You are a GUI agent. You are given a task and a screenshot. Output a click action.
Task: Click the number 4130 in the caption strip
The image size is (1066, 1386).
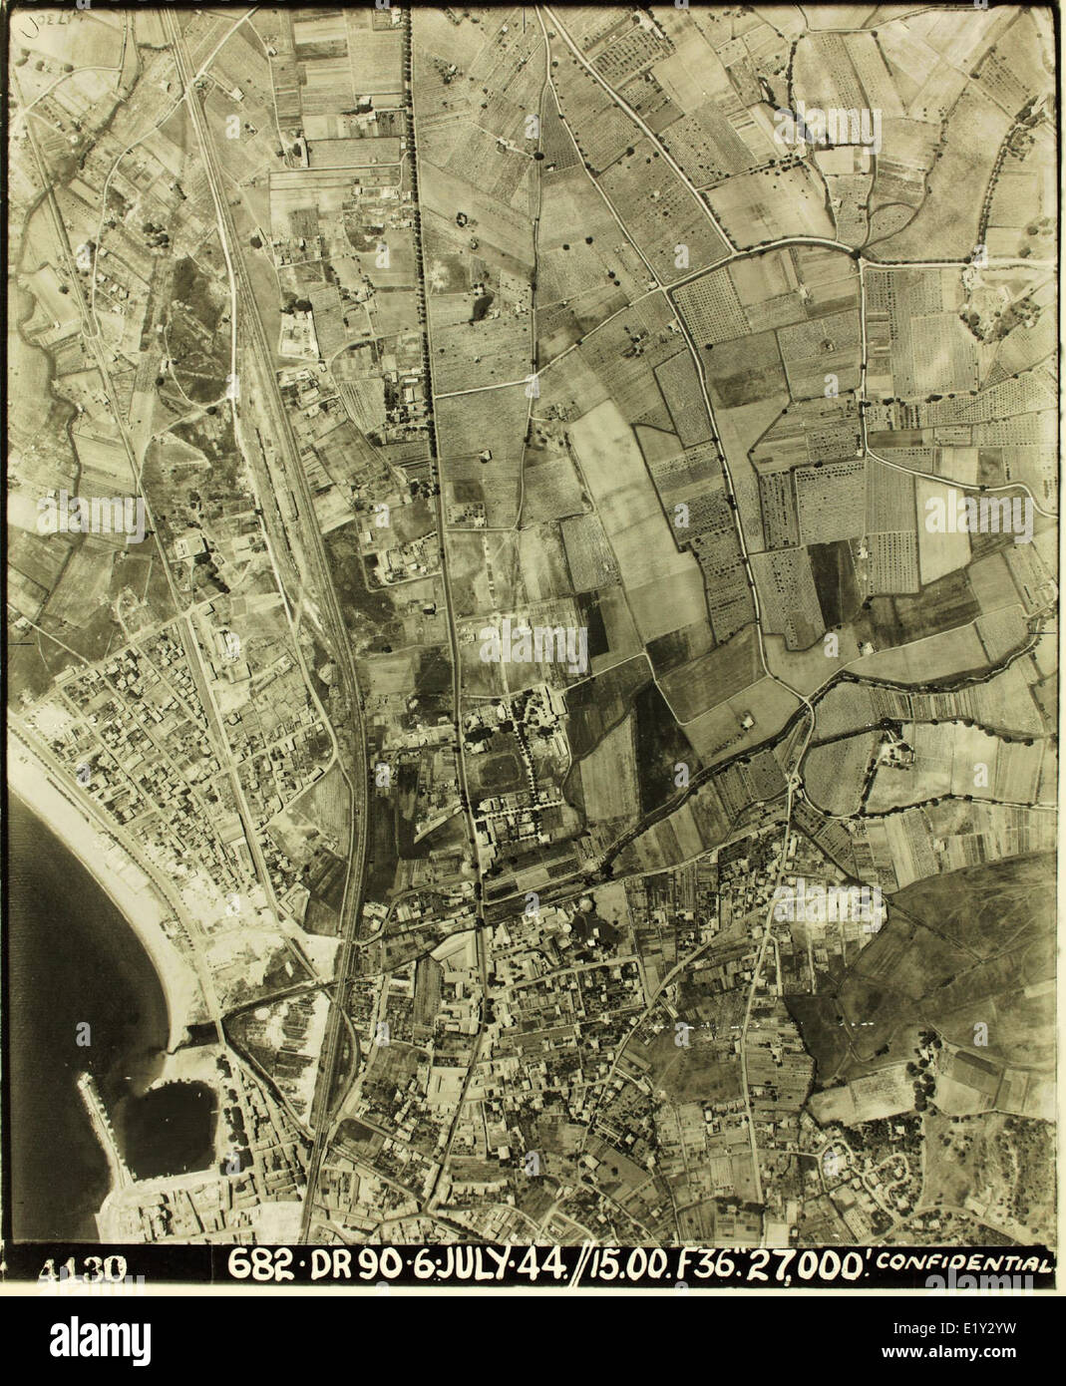pos(83,1269)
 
